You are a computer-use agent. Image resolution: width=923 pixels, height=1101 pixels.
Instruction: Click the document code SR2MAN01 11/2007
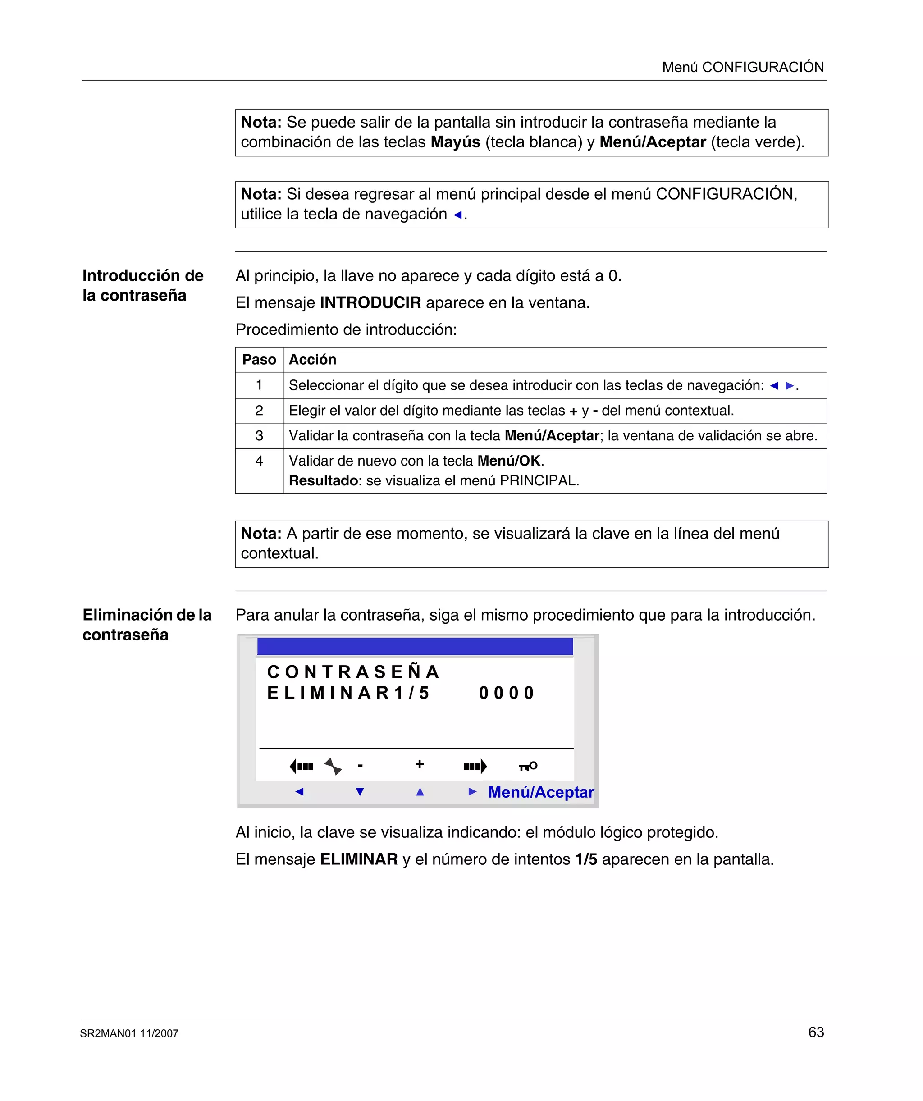coord(129,1033)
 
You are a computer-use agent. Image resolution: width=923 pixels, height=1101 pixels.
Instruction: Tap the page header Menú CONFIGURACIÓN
coord(743,67)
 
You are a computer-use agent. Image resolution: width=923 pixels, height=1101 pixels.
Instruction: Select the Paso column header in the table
coord(259,360)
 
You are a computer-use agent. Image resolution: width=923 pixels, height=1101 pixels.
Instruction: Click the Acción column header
coord(313,360)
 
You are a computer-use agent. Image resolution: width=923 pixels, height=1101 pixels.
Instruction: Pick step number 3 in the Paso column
coord(259,436)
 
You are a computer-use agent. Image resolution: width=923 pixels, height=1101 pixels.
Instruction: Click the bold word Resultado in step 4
coord(323,480)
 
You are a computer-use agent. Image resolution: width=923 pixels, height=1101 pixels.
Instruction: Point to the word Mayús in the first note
coord(455,142)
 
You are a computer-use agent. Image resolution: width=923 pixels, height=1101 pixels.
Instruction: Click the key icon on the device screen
coord(528,766)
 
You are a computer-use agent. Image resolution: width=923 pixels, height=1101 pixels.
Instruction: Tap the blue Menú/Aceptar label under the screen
coord(541,792)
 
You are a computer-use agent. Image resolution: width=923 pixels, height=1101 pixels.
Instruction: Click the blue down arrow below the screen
coord(360,792)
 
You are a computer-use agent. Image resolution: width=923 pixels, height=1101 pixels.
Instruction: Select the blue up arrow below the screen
coord(420,792)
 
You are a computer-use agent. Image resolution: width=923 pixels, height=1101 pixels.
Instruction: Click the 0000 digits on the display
coord(506,693)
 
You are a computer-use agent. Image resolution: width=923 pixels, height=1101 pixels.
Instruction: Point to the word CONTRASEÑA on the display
coord(353,672)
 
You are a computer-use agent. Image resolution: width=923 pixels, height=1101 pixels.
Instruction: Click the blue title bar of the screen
coord(415,646)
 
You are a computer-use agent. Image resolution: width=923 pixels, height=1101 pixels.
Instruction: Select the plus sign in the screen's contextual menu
coord(419,764)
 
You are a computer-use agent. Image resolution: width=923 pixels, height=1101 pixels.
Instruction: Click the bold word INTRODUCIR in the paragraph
coord(370,302)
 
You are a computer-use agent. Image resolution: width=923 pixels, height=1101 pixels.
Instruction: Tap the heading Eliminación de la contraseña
coord(147,625)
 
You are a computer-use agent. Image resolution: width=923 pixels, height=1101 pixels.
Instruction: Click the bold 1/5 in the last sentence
coord(586,859)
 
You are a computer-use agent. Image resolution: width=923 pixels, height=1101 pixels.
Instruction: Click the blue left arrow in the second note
coord(457,215)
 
